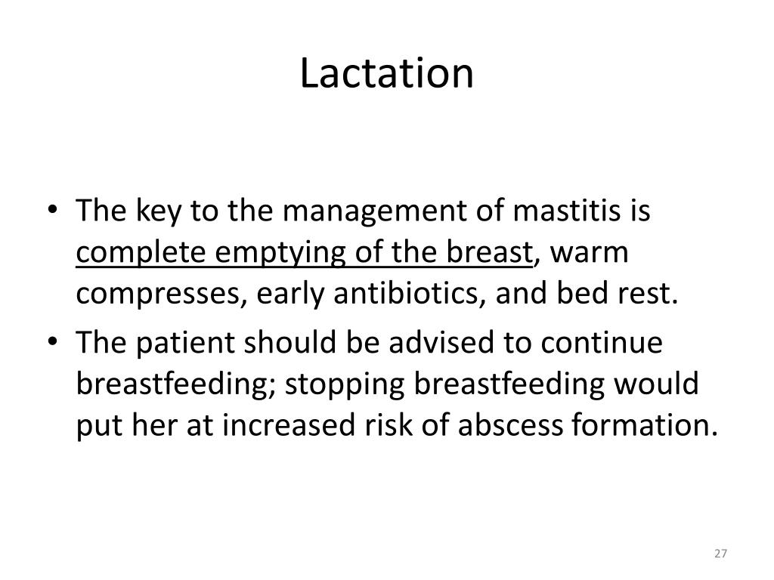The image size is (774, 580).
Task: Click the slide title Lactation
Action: coord(386,73)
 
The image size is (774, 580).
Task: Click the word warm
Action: coord(590,252)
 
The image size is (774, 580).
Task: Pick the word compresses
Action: coord(151,293)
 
